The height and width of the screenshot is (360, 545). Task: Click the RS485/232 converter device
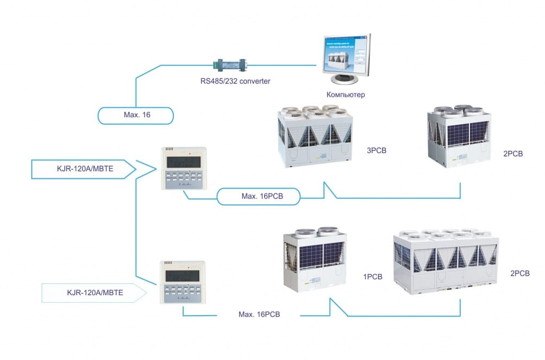(x=231, y=64)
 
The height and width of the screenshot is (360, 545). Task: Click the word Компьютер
(x=346, y=95)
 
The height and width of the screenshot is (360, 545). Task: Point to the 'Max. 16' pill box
(x=136, y=115)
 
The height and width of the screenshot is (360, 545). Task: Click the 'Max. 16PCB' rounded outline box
(x=258, y=196)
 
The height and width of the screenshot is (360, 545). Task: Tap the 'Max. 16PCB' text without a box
(x=259, y=314)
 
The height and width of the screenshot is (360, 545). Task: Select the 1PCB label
(x=373, y=277)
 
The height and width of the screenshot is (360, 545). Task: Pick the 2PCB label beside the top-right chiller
(x=513, y=154)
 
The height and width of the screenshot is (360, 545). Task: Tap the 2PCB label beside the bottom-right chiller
(x=520, y=274)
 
